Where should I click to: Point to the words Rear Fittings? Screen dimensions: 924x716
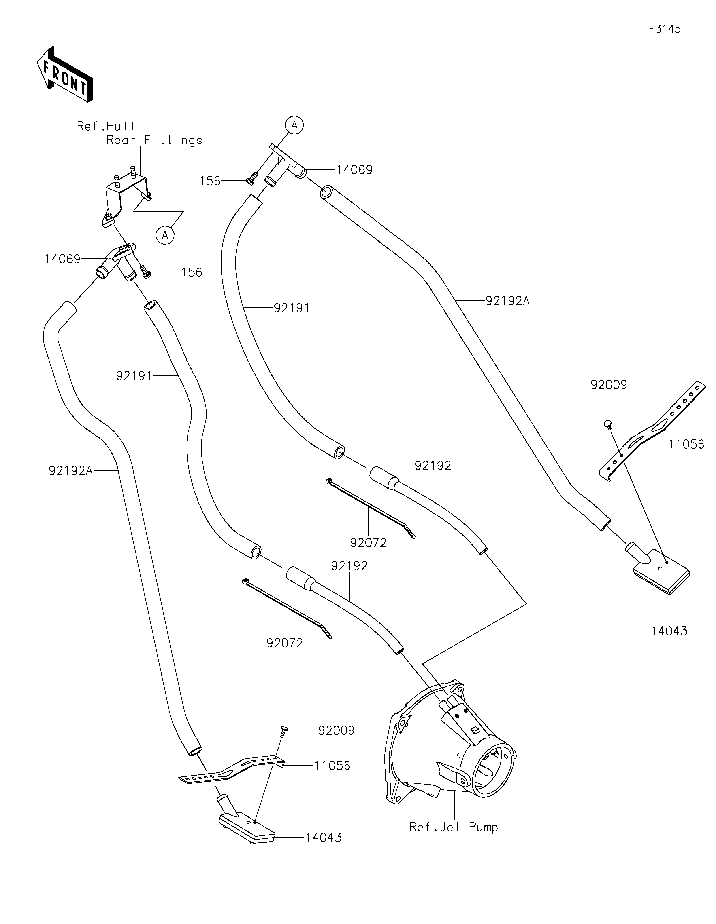point(154,140)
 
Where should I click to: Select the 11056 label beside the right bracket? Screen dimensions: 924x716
point(686,444)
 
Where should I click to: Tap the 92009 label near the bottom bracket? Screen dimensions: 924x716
point(336,731)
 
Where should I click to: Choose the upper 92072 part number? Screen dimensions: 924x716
point(368,543)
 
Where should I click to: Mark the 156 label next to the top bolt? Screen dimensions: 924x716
point(210,181)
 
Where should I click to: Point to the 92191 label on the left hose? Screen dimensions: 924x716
point(134,376)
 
